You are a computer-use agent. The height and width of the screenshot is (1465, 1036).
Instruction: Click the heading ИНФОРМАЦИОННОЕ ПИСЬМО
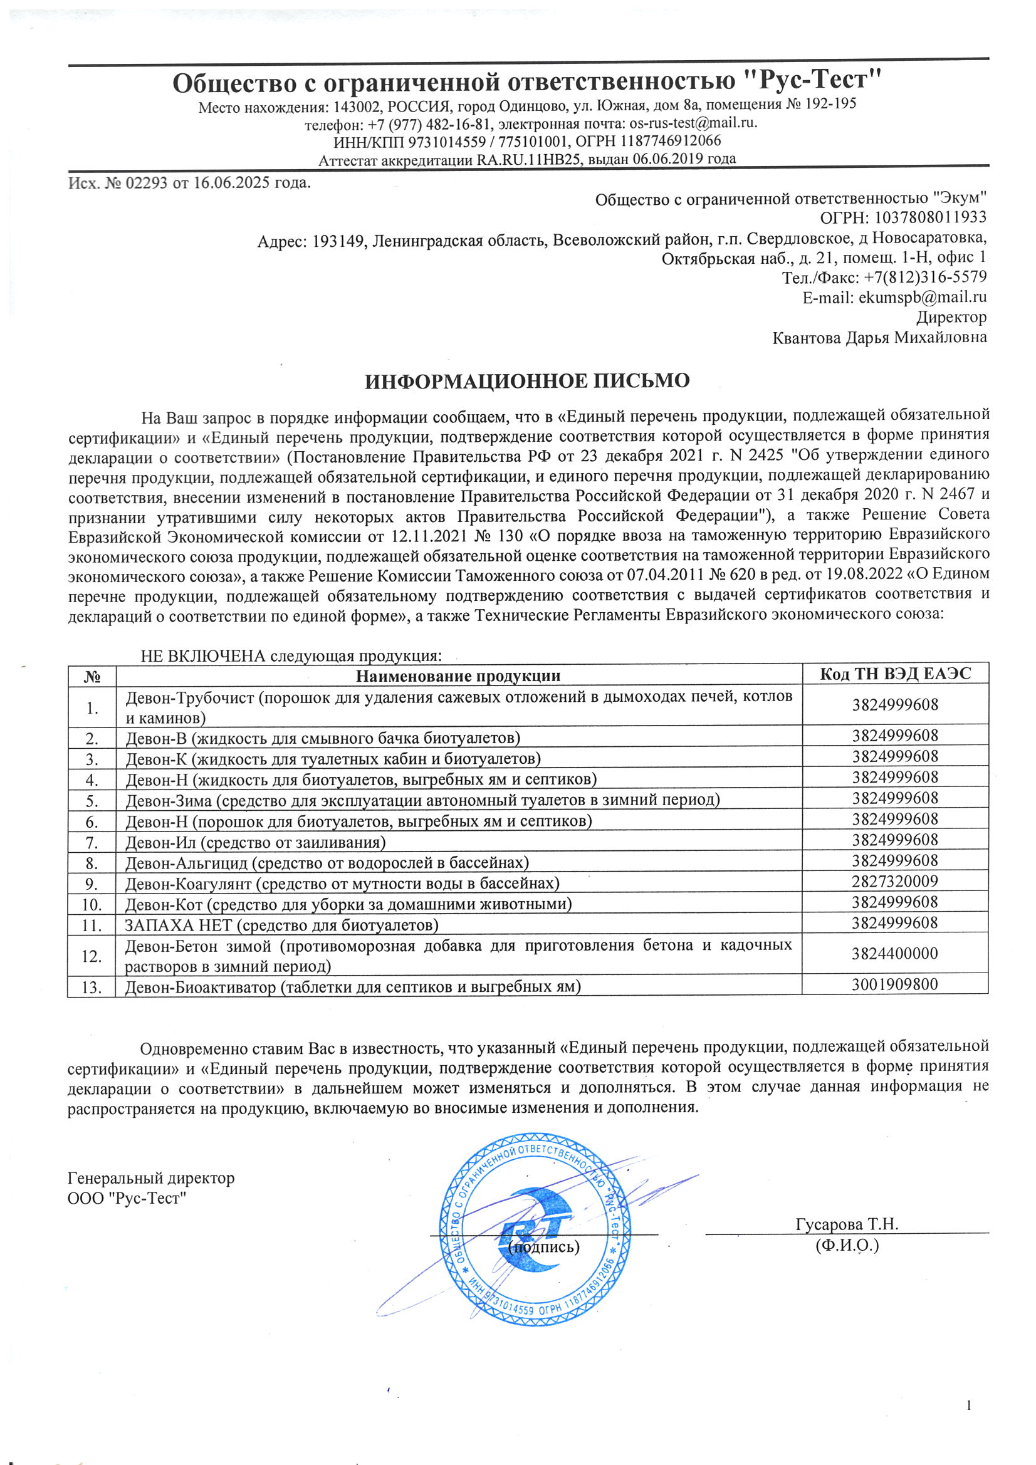[526, 381]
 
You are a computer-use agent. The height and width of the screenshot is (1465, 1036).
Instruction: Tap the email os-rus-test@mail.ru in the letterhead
[693, 123]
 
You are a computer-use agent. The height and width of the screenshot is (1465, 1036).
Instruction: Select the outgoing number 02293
[146, 183]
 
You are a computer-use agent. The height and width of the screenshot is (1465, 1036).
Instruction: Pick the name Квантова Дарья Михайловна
[879, 338]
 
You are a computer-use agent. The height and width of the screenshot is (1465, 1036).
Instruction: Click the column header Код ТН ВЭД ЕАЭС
[895, 674]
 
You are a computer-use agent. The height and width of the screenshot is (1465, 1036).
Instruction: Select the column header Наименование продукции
[458, 675]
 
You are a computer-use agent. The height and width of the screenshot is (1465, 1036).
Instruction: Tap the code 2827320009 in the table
[895, 881]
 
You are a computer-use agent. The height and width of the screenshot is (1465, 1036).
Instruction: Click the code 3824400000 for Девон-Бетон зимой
[895, 954]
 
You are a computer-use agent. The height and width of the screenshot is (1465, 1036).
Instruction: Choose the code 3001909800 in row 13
[895, 984]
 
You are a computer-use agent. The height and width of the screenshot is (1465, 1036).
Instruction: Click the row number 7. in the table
[92, 843]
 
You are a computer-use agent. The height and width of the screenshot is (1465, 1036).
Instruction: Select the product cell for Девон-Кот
[348, 904]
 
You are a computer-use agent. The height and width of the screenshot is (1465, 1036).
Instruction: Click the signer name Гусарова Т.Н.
[847, 1224]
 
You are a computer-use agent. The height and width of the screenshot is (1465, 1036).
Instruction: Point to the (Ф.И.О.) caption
[847, 1245]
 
